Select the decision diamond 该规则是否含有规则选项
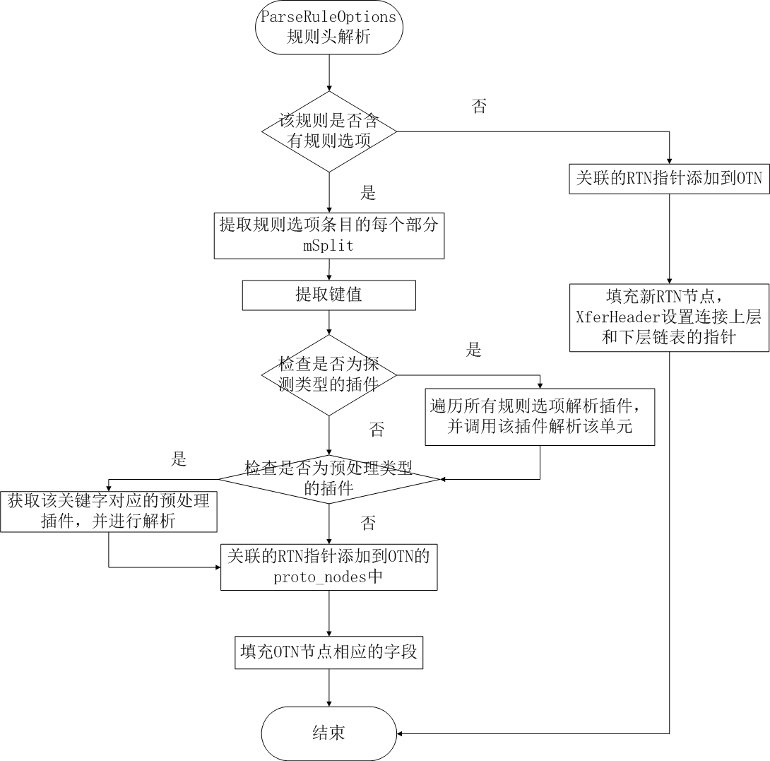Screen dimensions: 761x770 329,131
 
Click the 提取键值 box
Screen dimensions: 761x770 329,295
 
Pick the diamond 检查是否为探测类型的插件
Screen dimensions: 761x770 329,375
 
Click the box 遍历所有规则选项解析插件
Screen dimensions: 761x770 540,417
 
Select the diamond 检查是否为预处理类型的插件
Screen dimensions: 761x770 329,478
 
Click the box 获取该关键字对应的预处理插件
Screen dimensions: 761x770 109,512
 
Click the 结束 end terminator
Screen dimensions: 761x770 329,733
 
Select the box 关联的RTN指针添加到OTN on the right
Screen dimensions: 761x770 669,179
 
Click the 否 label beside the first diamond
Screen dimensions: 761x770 479,107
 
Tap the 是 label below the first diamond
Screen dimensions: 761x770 368,193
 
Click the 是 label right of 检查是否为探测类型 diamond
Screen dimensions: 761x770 474,349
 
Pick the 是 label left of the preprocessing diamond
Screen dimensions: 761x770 179,459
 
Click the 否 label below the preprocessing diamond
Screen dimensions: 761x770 368,524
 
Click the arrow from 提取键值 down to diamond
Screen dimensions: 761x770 329,322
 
